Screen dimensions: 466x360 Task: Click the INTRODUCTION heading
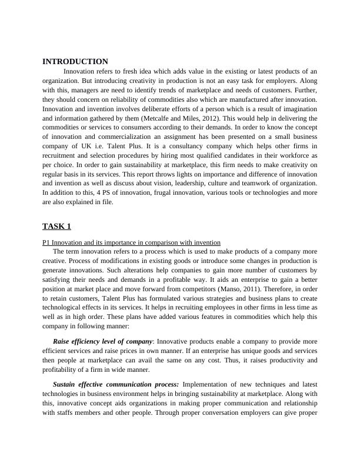75,61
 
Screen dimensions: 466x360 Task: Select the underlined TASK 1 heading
56,227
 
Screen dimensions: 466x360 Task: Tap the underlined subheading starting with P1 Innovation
131,242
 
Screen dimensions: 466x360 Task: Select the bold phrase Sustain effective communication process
116,384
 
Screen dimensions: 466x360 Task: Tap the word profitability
64,370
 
